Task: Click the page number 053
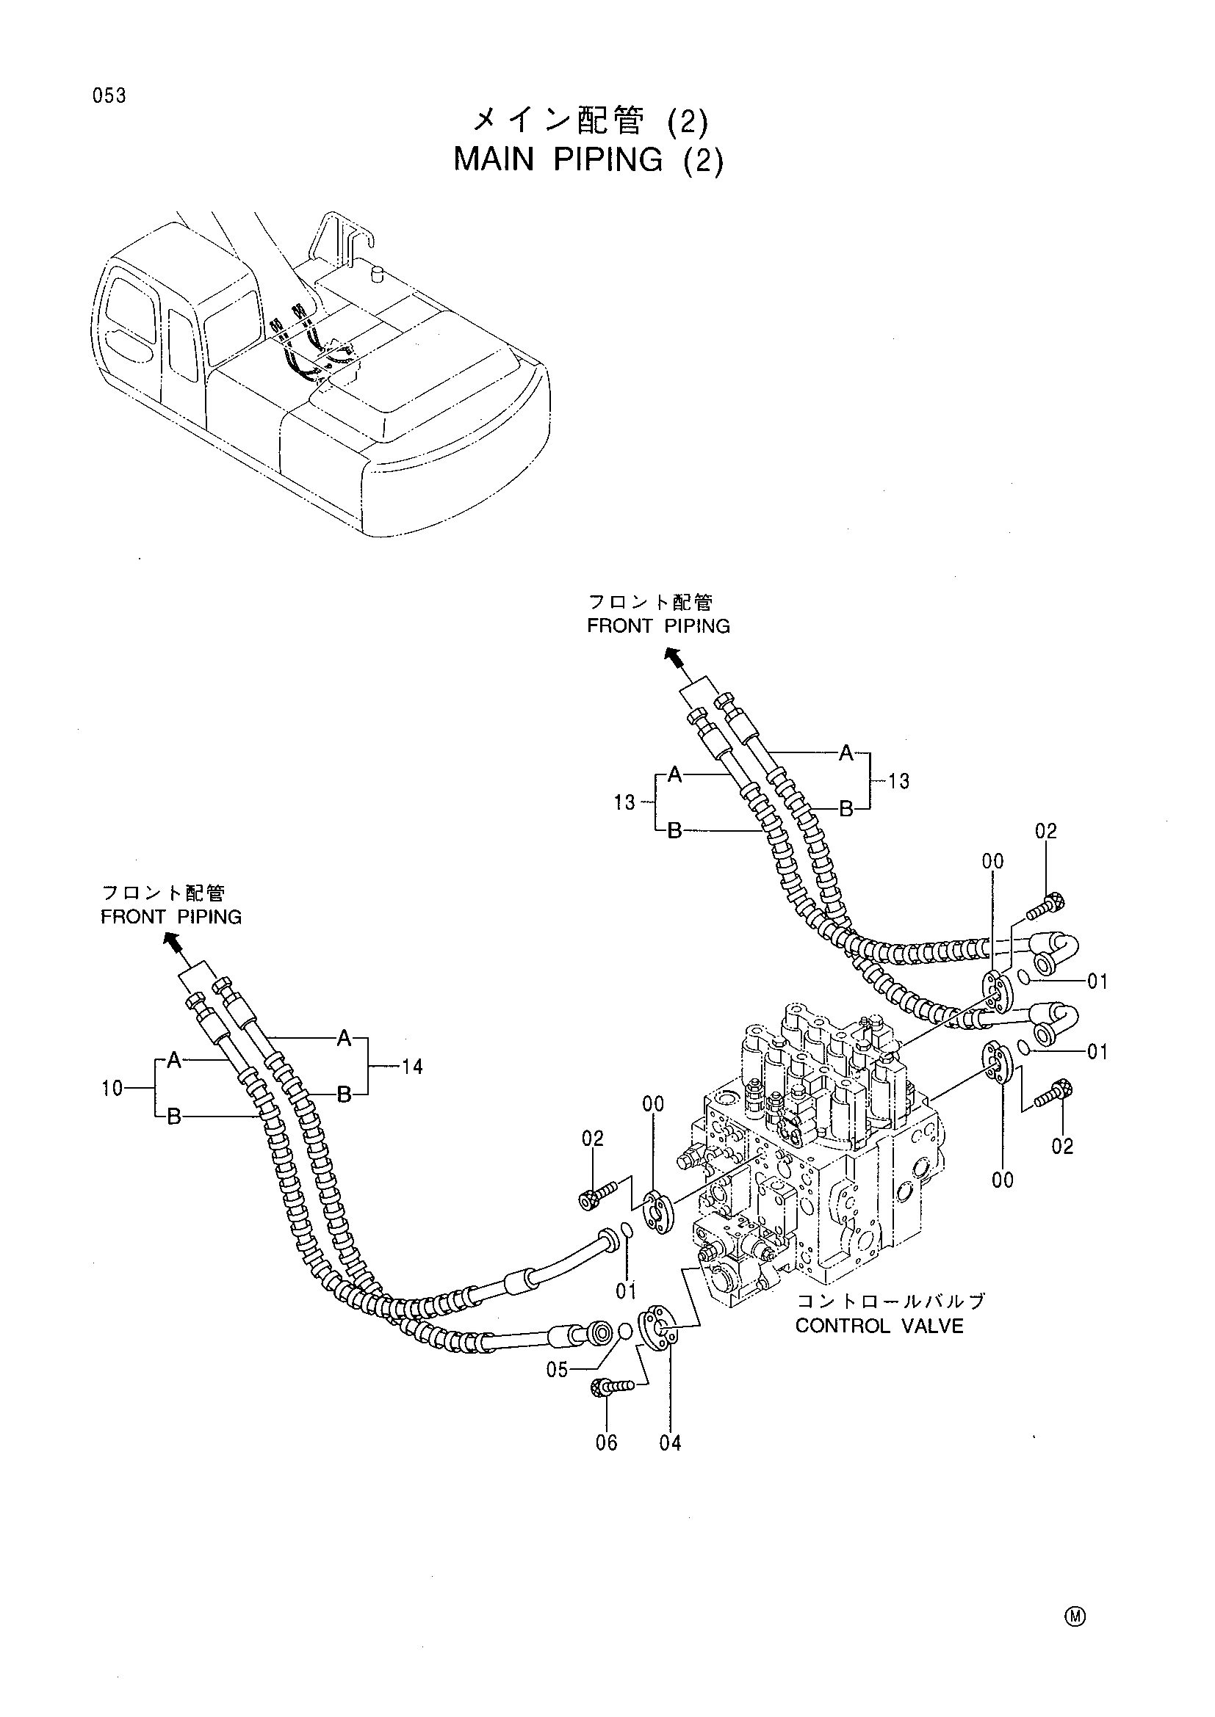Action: (110, 95)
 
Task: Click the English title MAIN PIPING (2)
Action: (589, 160)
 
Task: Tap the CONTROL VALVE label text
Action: (879, 1326)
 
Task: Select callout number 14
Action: (412, 1067)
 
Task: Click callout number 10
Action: (112, 1088)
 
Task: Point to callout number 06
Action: (606, 1442)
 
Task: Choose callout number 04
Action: (671, 1442)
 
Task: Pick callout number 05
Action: (558, 1370)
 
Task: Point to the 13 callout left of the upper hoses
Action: (624, 802)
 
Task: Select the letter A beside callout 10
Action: (173, 1061)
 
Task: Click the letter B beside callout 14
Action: (343, 1095)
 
